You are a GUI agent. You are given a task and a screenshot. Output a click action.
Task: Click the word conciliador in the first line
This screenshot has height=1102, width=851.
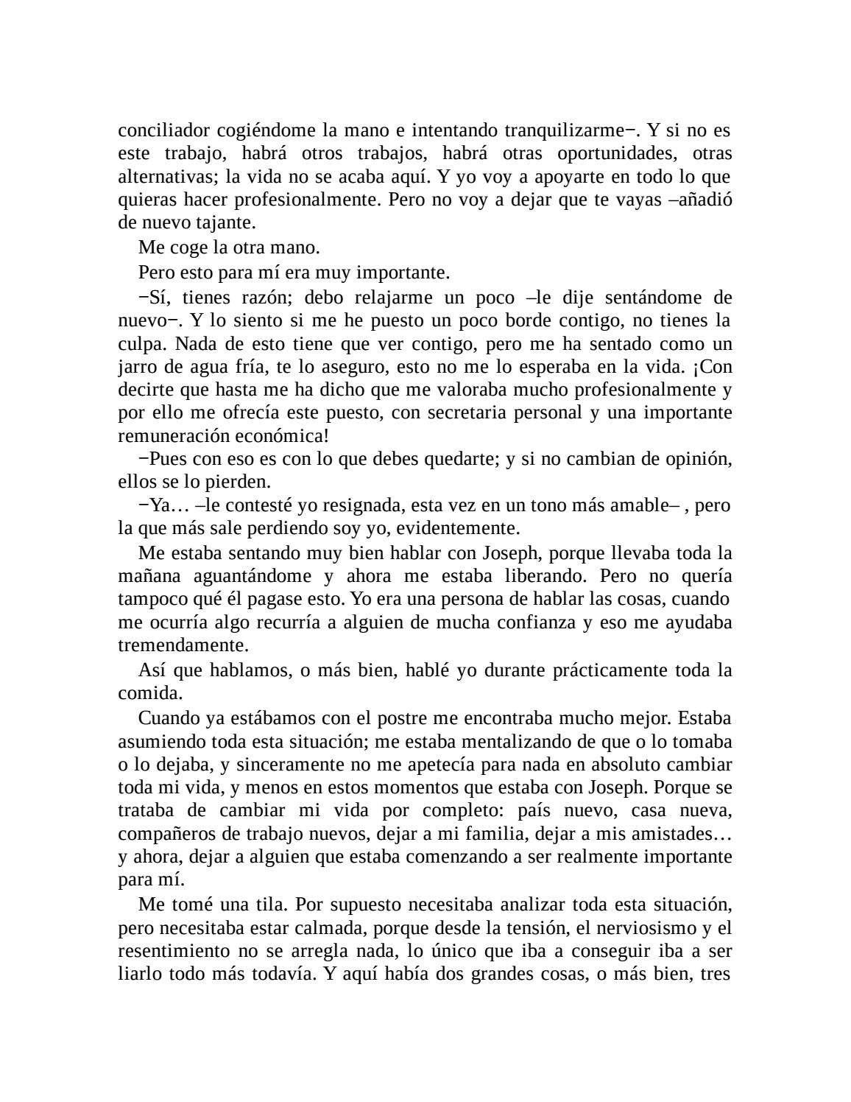tap(164, 130)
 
